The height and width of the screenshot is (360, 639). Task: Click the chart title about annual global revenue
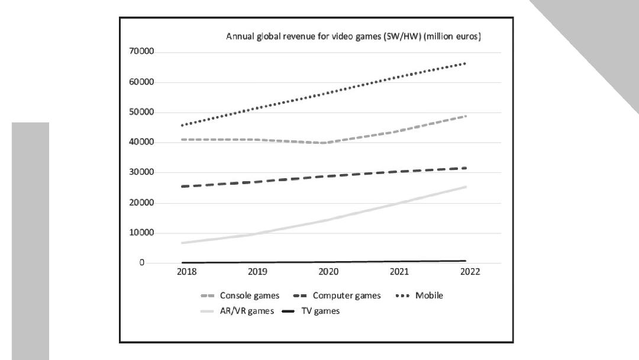(x=353, y=36)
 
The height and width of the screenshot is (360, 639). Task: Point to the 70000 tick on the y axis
(x=141, y=52)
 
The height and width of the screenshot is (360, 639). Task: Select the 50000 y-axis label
(x=141, y=112)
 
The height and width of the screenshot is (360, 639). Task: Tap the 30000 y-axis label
(x=141, y=172)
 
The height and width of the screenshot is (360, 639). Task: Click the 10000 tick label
(x=141, y=233)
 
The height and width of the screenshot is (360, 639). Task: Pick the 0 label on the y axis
(x=142, y=262)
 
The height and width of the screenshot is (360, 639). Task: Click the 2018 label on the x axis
(x=186, y=272)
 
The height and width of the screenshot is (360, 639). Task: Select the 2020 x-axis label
(x=328, y=272)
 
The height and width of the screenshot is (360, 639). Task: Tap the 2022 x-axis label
(x=470, y=272)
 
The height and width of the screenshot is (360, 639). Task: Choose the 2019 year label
(x=257, y=272)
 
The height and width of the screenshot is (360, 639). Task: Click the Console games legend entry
(x=240, y=295)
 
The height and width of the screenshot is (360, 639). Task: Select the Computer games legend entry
(x=337, y=295)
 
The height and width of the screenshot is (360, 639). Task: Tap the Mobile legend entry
(x=419, y=295)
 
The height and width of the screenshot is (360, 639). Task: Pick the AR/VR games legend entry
(x=237, y=311)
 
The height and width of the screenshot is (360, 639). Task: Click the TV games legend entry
(x=311, y=311)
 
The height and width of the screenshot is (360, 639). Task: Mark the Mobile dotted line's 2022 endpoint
(x=465, y=63)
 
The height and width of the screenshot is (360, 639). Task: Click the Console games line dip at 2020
(x=324, y=143)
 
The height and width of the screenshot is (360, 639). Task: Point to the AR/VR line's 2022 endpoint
(x=466, y=187)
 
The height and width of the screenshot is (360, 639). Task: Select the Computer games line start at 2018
(x=183, y=187)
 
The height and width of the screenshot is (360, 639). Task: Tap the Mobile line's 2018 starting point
(x=183, y=125)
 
